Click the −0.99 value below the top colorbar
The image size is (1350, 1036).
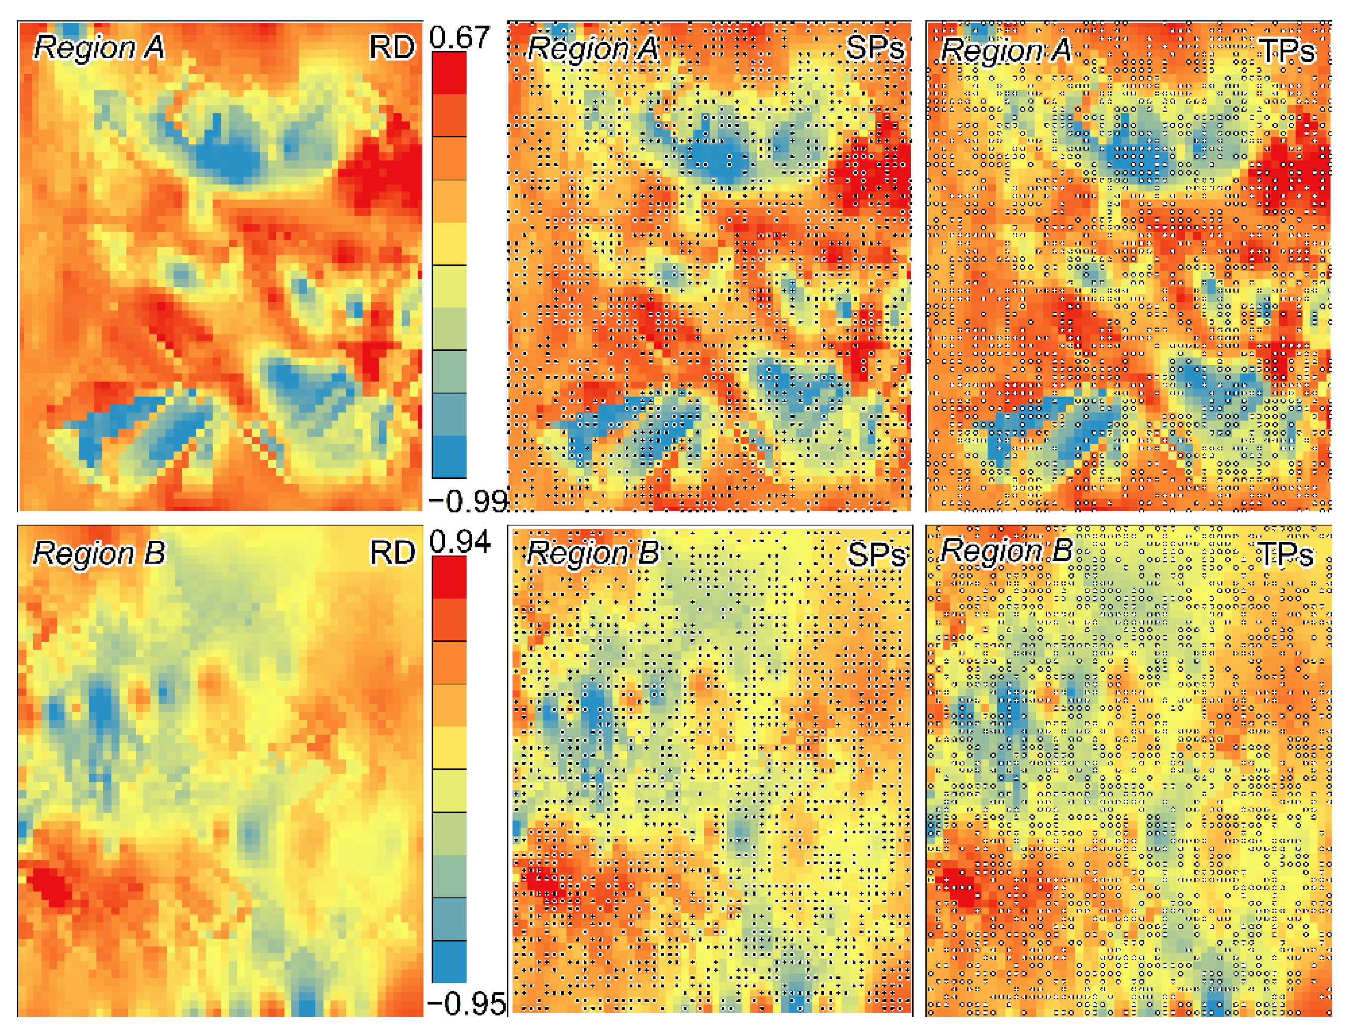468,501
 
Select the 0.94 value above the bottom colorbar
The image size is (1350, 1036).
459,542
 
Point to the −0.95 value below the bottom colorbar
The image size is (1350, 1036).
467,1004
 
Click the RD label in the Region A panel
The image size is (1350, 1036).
392,47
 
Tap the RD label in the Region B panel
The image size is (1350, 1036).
392,552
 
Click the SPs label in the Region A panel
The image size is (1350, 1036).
874,47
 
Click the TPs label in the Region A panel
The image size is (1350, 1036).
1287,50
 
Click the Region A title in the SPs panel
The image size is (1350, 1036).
592,49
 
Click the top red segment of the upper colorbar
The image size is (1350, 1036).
448,73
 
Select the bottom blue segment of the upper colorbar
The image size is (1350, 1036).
448,456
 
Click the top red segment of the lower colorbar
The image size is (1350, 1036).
448,577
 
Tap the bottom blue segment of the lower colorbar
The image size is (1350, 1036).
448,961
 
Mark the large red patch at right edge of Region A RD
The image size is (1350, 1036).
386,173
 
